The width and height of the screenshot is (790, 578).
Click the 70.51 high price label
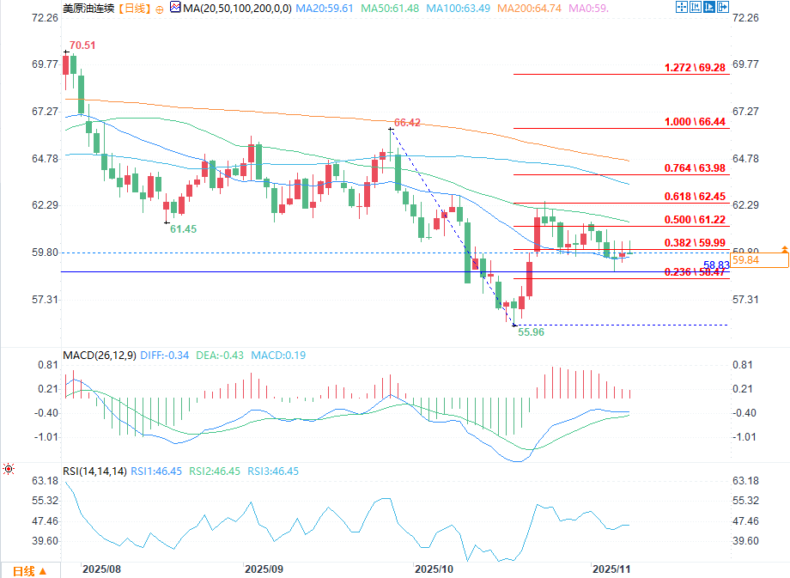pos(82,45)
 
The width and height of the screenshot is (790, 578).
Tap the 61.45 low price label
pos(184,229)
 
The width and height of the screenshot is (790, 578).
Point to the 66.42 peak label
pos(407,123)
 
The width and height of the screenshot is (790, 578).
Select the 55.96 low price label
pos(531,332)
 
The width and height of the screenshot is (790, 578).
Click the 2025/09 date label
pos(264,569)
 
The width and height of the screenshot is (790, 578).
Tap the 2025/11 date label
pos(611,569)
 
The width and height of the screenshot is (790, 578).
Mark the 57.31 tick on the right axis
pos(746,299)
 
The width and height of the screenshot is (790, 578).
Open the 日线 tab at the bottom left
pos(30,570)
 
